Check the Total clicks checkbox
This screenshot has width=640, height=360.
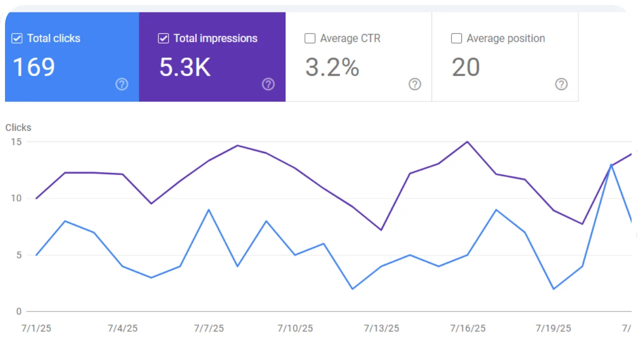tap(17, 38)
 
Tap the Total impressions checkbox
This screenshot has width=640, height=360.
tap(163, 38)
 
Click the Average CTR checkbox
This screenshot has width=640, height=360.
tap(310, 38)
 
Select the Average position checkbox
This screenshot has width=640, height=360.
tap(456, 38)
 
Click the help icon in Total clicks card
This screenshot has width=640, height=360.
tap(121, 84)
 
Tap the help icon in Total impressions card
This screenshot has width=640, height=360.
tap(268, 84)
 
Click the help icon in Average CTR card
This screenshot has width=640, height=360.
tap(414, 84)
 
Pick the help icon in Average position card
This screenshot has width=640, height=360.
tap(561, 84)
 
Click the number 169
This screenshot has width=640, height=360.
tap(33, 67)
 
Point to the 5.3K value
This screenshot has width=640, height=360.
tap(185, 67)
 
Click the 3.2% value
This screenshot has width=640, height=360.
tap(332, 67)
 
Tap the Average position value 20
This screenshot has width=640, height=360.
tap(466, 67)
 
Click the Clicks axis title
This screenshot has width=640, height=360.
tap(18, 127)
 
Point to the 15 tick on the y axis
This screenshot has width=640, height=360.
tap(16, 141)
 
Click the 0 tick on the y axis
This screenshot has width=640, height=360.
tap(19, 311)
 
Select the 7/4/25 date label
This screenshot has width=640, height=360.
tap(122, 328)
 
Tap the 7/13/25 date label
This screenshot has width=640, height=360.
tap(381, 328)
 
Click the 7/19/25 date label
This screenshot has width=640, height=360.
tap(553, 328)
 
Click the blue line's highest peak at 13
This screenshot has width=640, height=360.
tap(611, 164)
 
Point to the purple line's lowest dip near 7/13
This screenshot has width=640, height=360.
tap(381, 230)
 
